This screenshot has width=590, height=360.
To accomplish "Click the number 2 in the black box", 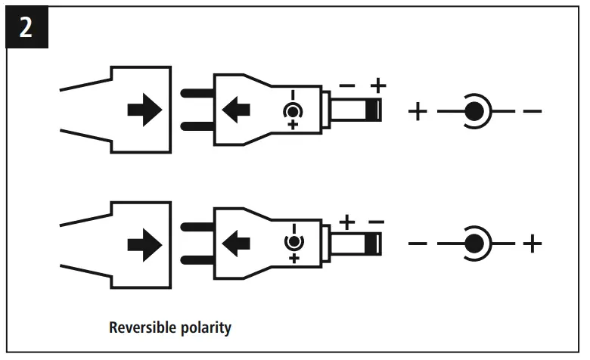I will pos(26,27).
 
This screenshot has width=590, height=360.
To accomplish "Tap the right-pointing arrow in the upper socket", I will pos(144,111).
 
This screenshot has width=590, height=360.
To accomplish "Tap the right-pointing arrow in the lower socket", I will pos(144,244).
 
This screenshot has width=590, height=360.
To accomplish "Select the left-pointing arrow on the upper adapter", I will pos(237,111).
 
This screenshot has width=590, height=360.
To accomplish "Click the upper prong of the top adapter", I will pos(197,95).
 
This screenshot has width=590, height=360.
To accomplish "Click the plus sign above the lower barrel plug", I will pos(346,223).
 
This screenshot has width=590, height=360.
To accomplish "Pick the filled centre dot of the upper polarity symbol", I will pos(474,112).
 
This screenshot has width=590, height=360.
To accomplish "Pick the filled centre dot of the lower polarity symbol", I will pos(474,244).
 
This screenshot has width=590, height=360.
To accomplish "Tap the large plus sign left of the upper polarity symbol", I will pos(418,112).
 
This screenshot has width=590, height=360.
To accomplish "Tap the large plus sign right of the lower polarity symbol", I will pos(533,244).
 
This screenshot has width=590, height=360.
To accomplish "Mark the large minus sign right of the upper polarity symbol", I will pos(533,112).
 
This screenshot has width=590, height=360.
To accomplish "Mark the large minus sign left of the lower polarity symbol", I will pos(418,244).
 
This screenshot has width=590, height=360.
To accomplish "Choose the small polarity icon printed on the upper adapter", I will pos(293,111).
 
